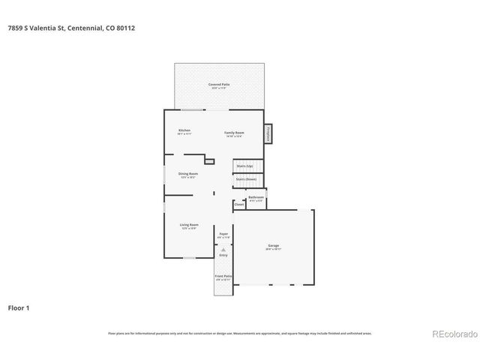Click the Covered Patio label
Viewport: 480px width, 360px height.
coord(219,85)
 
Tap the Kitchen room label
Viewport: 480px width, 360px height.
coord(184,131)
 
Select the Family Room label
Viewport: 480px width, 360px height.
coord(233,133)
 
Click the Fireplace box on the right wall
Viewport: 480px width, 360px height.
coord(267,134)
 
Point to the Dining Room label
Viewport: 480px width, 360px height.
coord(187,174)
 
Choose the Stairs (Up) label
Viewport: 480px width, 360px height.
coord(244,165)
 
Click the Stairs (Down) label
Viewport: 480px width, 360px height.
coord(245,179)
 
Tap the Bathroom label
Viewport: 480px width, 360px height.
coord(256,197)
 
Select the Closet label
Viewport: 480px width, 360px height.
coord(238,204)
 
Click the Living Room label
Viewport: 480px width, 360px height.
coord(188,225)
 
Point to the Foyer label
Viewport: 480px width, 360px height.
coord(223,235)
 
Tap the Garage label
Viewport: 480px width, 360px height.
coord(273,246)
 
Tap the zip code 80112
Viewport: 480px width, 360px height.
coord(125,28)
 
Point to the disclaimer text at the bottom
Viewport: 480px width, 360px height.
coord(239,334)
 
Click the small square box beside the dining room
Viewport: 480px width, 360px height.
coord(209,161)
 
